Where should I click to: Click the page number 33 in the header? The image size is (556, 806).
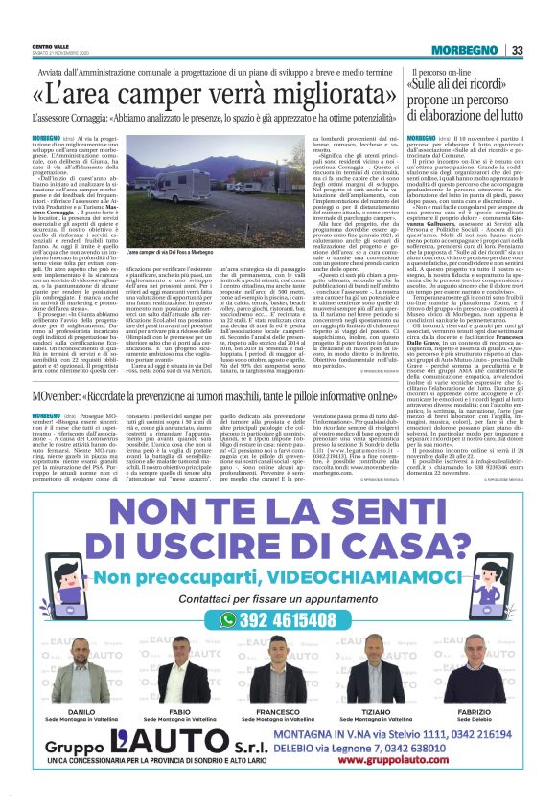coord(517,50)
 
